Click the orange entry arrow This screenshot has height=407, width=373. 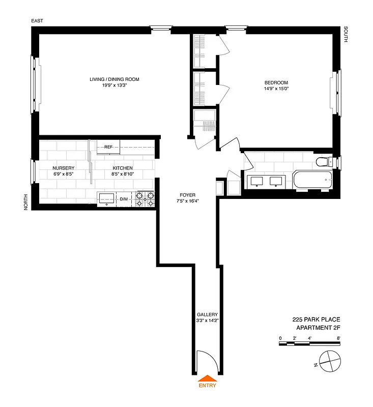pos(207,378)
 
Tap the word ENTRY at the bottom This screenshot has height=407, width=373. pos(207,385)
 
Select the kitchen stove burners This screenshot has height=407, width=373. pos(145,198)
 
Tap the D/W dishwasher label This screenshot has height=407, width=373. pos(124,198)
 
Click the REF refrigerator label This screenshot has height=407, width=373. pos(108,147)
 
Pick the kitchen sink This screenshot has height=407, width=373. pos(106,198)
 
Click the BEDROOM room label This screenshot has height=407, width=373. pos(276,83)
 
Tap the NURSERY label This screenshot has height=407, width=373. pos(64,168)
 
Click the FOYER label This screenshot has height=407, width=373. pos(187,195)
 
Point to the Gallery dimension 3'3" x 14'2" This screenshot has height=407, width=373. pos(207,321)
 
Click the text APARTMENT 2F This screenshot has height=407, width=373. pos(318,328)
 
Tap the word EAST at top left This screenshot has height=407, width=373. pos(37,21)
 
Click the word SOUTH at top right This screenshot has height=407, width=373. pos(346,34)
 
